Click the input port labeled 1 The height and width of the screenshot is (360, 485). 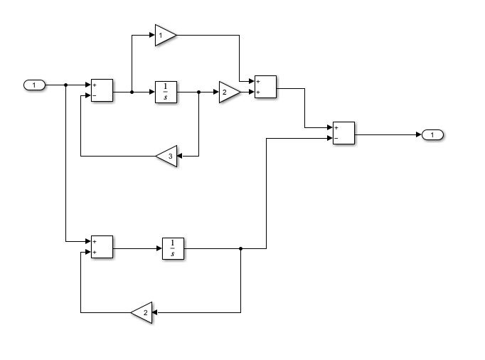[x=34, y=85]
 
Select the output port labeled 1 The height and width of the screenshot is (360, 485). [x=432, y=134]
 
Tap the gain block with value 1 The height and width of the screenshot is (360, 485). [x=164, y=35]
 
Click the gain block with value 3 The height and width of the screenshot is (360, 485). [x=167, y=156]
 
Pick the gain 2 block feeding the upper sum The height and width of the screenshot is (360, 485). [x=228, y=92]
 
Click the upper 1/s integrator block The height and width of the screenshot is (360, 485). [x=166, y=92]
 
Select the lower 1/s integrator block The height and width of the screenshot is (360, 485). [x=173, y=248]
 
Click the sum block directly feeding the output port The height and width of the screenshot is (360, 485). [x=343, y=134]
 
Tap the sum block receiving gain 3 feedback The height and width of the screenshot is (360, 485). [x=102, y=91]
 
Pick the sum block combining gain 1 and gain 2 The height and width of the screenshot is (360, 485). [x=265, y=87]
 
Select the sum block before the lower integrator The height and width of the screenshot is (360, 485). [x=102, y=247]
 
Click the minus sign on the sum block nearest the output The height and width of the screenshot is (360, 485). [x=336, y=139]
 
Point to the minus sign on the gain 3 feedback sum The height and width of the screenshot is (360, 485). [x=95, y=96]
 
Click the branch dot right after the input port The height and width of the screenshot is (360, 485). [x=66, y=85]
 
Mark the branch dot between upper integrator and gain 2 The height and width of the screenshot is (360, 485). [x=198, y=92]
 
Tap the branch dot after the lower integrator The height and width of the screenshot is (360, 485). [x=241, y=248]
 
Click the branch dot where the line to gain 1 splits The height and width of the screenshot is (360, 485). [x=132, y=92]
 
